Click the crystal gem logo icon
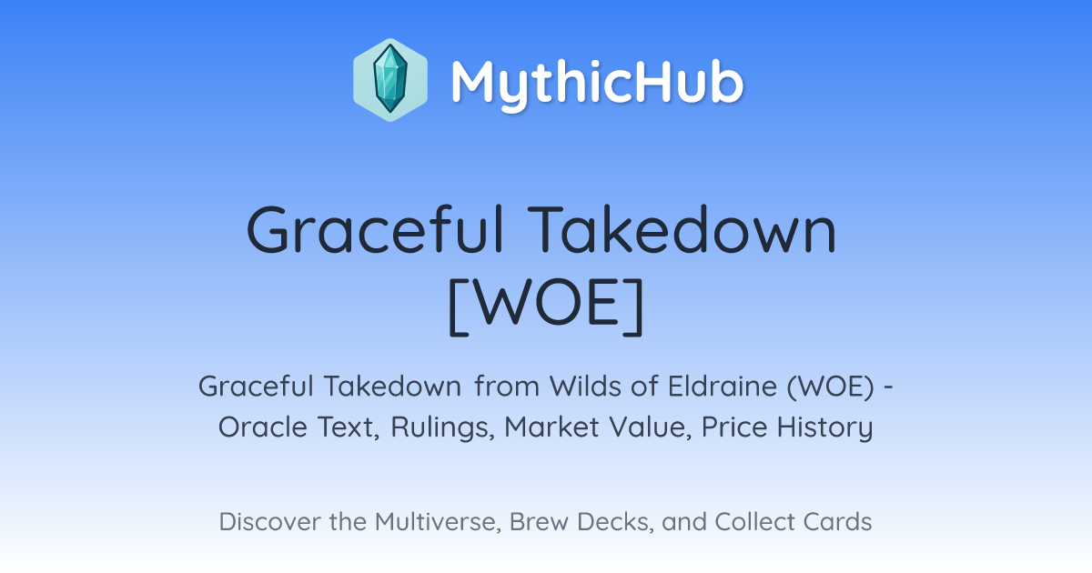pyautogui.click(x=390, y=80)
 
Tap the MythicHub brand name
pyautogui.click(x=597, y=83)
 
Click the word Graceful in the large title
pyautogui.click(x=375, y=229)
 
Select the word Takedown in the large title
pyautogui.click(x=682, y=229)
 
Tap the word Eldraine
pyautogui.click(x=723, y=387)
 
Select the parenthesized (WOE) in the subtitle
pyautogui.click(x=830, y=387)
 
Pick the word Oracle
pyautogui.click(x=263, y=427)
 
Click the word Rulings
pyautogui.click(x=442, y=427)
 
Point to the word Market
pyautogui.click(x=551, y=427)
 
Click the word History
pyautogui.click(x=824, y=427)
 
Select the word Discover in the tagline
pyautogui.click(x=270, y=521)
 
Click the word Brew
pyautogui.click(x=539, y=521)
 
